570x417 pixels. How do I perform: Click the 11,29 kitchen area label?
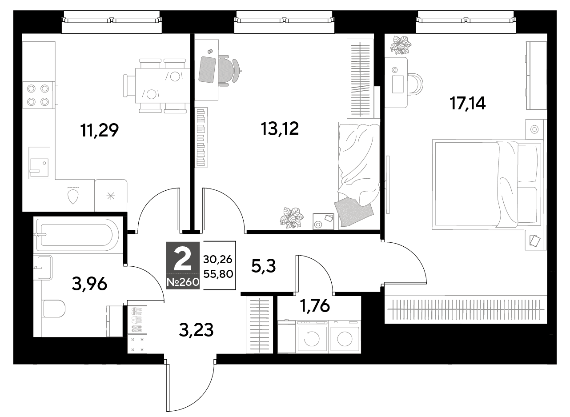coord(100,130)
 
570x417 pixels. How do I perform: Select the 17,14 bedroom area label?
coord(468,103)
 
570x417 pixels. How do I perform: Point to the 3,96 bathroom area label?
coord(89,284)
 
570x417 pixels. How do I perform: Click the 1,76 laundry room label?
coord(315,305)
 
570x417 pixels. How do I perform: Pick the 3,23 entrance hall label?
coord(196,330)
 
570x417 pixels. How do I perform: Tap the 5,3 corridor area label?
coord(263,266)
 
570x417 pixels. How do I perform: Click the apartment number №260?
coord(183,282)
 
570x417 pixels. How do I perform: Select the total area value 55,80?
coord(218,274)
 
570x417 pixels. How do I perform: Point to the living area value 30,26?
coord(218,259)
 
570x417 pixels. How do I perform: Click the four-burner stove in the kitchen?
coord(39,95)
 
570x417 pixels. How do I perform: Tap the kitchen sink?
coord(39,163)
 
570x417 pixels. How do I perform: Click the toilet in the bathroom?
coord(53,309)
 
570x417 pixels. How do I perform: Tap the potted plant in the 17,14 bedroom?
coord(401,45)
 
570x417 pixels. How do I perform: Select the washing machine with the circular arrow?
coord(312,337)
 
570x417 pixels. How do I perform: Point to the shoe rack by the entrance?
coord(137,320)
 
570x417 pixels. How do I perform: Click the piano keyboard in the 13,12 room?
coord(201,137)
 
